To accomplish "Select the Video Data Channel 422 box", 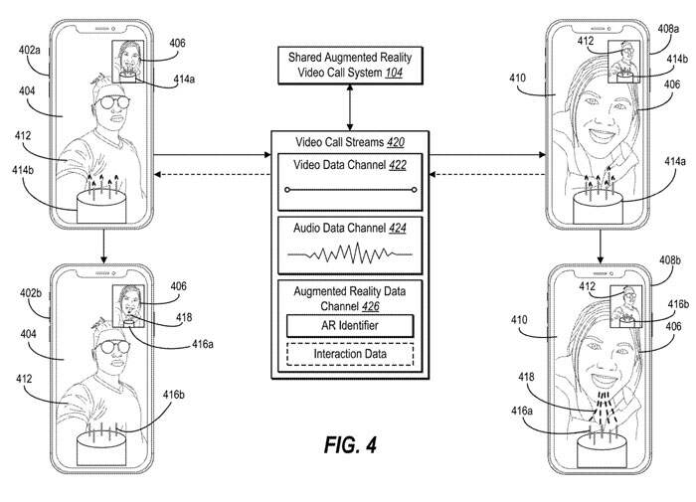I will point(348,178).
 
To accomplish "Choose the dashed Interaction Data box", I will point(348,355).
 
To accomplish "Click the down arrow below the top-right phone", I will point(600,248).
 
